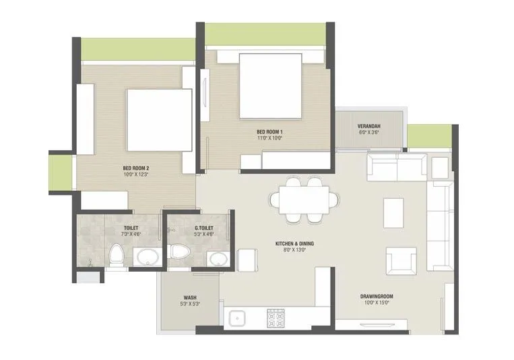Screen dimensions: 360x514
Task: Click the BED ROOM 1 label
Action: (269, 131)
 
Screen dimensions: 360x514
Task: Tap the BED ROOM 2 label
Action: (135, 168)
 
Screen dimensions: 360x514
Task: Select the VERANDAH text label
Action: (369, 126)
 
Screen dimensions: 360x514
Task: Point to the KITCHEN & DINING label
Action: (294, 243)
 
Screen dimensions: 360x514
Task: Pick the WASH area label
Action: (189, 297)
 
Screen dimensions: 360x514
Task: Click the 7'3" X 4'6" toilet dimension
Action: (131, 235)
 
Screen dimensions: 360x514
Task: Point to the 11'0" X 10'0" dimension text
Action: (269, 138)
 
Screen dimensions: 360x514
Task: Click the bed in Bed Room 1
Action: (270, 86)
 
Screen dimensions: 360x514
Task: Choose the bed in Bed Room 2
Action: (159, 120)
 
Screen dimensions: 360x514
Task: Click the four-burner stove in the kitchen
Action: (276, 317)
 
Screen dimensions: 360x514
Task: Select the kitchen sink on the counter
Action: (236, 318)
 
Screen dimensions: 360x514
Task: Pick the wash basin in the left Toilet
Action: (146, 256)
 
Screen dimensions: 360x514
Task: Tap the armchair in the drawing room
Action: (400, 260)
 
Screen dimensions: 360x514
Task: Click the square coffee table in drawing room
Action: (393, 212)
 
